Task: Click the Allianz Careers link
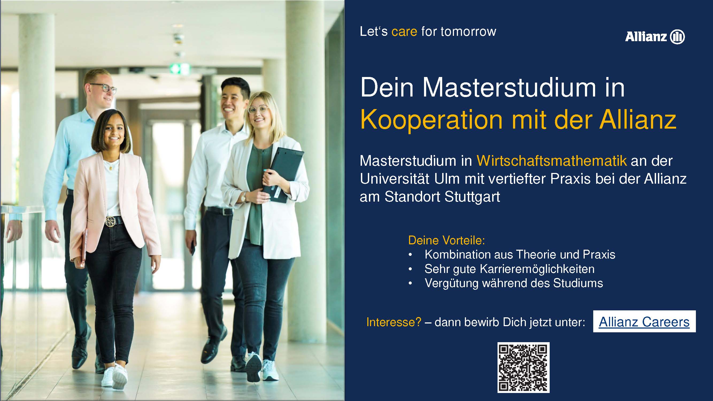[644, 322]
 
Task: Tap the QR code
[523, 367]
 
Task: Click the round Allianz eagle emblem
[677, 37]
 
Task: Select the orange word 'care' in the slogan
[404, 31]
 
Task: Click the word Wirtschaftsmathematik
[552, 161]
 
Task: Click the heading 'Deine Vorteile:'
[446, 240]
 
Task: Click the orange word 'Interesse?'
[394, 322]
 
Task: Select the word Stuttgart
[472, 197]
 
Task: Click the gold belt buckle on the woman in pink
[110, 221]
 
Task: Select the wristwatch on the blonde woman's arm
[244, 197]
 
